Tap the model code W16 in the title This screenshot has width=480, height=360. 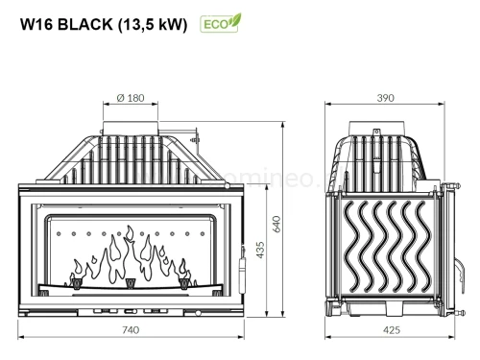pyautogui.click(x=36, y=26)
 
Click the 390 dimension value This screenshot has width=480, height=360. pyautogui.click(x=386, y=99)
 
